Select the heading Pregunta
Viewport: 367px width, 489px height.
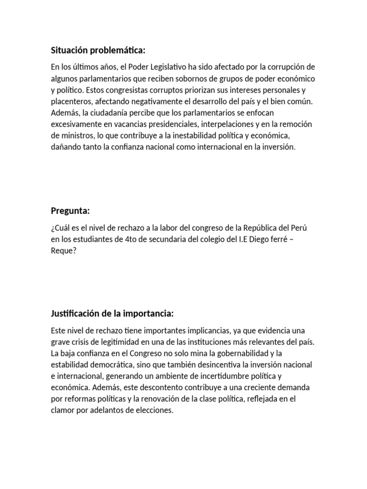pyautogui.click(x=70, y=211)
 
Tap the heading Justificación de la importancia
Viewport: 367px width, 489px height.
pyautogui.click(x=112, y=313)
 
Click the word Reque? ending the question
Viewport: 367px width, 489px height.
pyautogui.click(x=63, y=249)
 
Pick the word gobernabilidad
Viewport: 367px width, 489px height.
pyautogui.click(x=232, y=353)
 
